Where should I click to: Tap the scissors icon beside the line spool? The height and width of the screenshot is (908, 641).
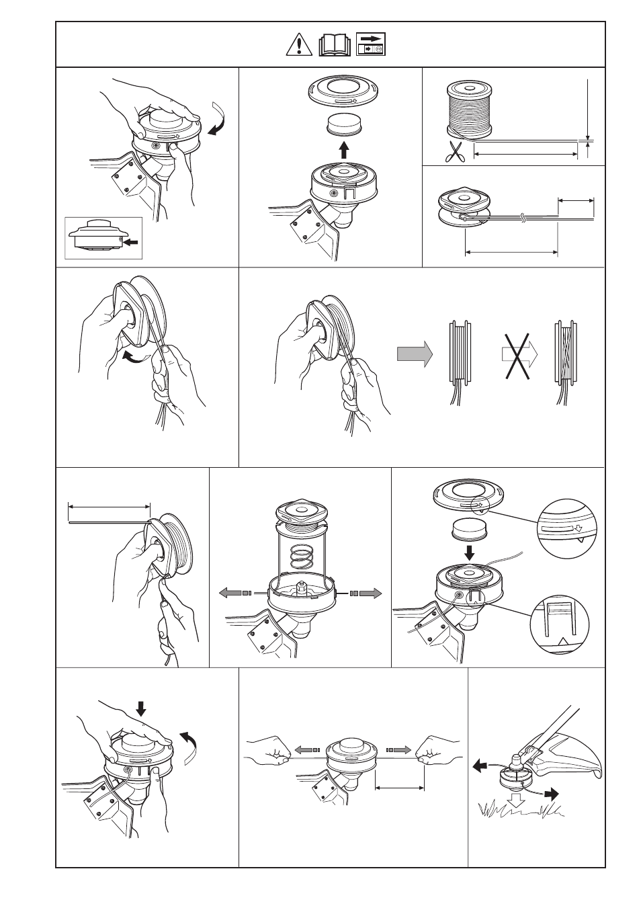tap(456, 152)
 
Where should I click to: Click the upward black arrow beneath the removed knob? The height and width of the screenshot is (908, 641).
tap(344, 149)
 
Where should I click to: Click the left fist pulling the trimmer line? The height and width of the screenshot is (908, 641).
tap(272, 751)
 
